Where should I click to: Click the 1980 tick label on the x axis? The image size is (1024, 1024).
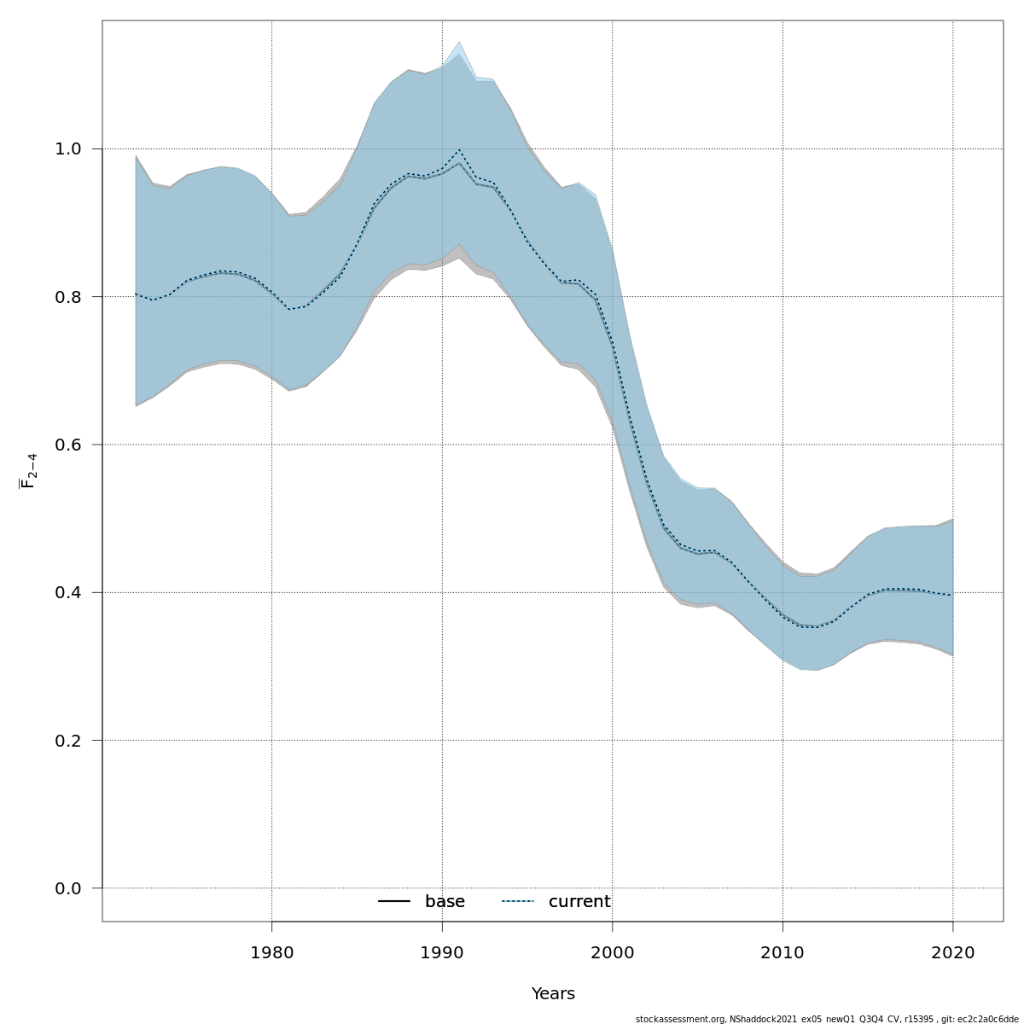(271, 951)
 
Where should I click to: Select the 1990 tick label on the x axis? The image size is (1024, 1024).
(442, 951)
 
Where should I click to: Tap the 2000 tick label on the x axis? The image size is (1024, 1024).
(612, 951)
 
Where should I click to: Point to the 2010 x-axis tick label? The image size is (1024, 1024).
(782, 951)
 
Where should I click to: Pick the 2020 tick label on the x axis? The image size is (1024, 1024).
(952, 951)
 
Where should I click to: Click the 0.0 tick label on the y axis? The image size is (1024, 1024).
(67, 888)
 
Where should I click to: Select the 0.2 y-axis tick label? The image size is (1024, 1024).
(67, 741)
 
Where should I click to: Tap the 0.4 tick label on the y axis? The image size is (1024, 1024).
(67, 592)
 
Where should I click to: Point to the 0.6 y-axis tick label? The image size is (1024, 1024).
(67, 445)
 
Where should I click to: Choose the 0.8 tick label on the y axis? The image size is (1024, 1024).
(67, 297)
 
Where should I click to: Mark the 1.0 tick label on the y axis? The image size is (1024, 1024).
(67, 149)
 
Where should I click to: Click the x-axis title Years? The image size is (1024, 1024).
(553, 994)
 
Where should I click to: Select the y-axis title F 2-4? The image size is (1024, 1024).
(28, 471)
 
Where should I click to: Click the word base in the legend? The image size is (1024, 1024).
(445, 902)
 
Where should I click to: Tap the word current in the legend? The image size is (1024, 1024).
(579, 902)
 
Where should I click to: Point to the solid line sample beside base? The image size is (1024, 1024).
(394, 902)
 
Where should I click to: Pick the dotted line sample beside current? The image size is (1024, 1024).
(518, 902)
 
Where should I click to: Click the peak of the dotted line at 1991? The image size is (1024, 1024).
(459, 150)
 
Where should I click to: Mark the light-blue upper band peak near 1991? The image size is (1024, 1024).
(459, 43)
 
